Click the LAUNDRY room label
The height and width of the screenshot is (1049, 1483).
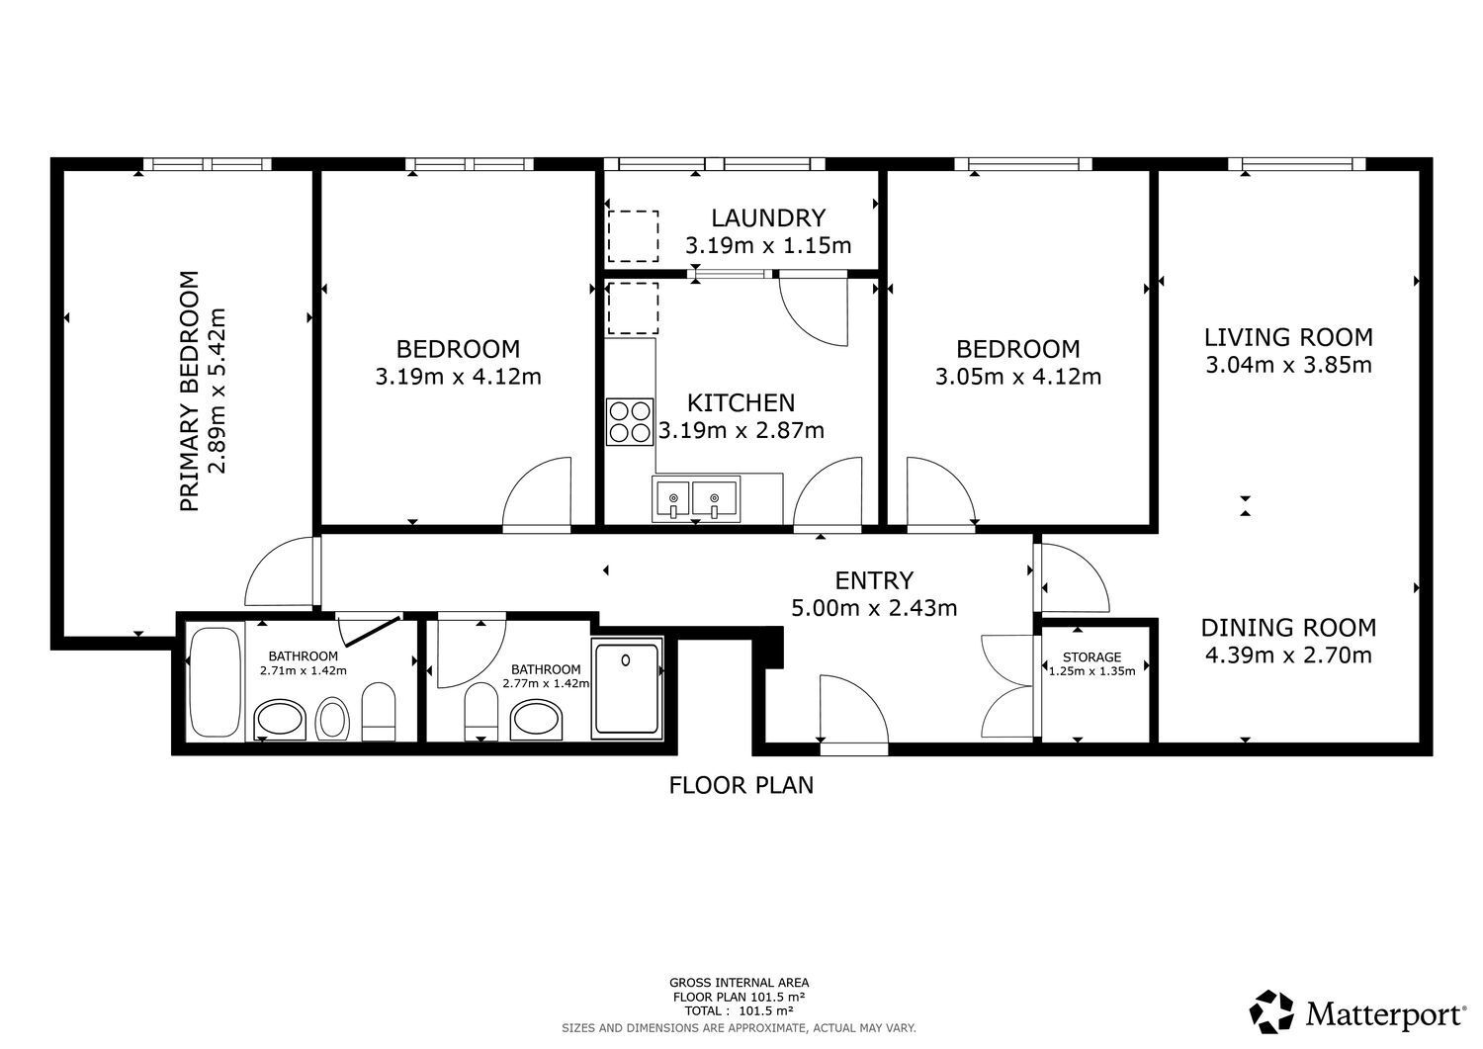[768, 218]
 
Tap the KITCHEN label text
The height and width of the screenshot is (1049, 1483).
[741, 402]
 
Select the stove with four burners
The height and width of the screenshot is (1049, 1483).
[630, 421]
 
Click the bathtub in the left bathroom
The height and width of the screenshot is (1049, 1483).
[216, 681]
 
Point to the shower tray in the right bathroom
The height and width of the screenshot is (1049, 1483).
[627, 689]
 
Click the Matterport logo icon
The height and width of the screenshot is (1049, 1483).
[1271, 1011]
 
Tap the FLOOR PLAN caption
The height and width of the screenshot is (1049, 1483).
[741, 785]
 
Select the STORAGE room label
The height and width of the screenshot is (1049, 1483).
[1091, 656]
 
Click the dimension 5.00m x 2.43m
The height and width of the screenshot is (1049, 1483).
[874, 607]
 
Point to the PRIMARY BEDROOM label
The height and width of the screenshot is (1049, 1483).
[190, 391]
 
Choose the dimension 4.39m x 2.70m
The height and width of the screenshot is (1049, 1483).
[1288, 655]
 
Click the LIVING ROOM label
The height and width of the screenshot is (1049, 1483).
[1288, 337]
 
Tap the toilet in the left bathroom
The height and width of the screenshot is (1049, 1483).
[379, 711]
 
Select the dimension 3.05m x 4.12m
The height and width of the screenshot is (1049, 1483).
[1018, 376]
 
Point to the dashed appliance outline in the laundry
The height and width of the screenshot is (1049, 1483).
[633, 235]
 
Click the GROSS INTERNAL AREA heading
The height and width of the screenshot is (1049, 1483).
[739, 983]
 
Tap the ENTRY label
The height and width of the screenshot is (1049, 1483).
[874, 580]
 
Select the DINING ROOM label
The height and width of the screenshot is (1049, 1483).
[1288, 627]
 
